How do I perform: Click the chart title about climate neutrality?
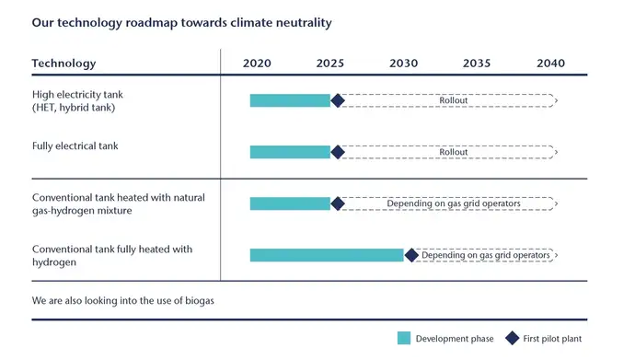point(181,22)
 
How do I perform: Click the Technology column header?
point(63,64)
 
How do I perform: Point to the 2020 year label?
point(257,64)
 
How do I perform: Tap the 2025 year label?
point(330,64)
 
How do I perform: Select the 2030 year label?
point(403,64)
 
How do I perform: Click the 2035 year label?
point(477,64)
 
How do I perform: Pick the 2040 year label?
point(550,64)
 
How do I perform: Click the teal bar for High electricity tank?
point(290,100)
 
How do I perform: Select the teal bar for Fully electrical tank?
point(290,152)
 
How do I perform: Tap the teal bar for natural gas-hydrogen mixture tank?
point(290,203)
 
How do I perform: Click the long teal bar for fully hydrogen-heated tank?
point(327,255)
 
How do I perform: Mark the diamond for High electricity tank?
point(337,100)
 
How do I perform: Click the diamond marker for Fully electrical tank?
point(337,152)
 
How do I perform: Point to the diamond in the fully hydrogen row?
point(411,255)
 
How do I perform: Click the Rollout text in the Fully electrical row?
point(454,152)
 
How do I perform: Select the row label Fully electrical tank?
point(75,146)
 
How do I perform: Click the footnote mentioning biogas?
point(122,301)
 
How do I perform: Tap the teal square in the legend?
point(404,339)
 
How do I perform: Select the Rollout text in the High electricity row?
point(454,100)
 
